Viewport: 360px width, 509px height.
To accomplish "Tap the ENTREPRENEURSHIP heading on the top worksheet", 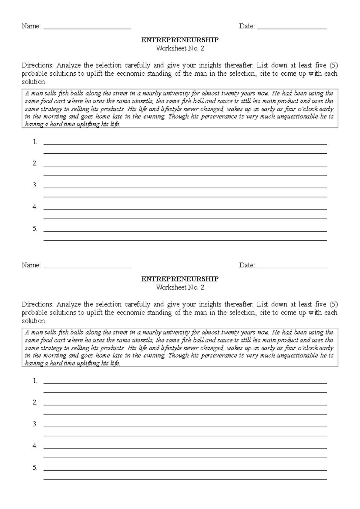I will point(180,40).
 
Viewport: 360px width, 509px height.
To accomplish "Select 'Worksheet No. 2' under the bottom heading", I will point(180,287).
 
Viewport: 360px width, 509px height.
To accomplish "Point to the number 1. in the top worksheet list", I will point(35,142).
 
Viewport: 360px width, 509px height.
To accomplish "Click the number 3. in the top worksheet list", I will point(35,185).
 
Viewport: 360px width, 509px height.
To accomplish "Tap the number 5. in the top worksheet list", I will point(35,229).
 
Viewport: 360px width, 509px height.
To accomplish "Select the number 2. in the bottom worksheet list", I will point(35,402).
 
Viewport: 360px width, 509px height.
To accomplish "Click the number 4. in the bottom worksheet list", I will point(35,446).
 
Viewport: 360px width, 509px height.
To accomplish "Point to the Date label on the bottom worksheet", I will point(247,265).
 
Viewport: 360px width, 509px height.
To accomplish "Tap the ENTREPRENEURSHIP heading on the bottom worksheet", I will point(180,279).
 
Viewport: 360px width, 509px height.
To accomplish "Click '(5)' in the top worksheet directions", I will point(333,65).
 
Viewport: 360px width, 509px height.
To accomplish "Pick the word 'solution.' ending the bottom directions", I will point(34,321).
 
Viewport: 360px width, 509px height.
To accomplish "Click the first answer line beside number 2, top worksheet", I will point(185,166).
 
